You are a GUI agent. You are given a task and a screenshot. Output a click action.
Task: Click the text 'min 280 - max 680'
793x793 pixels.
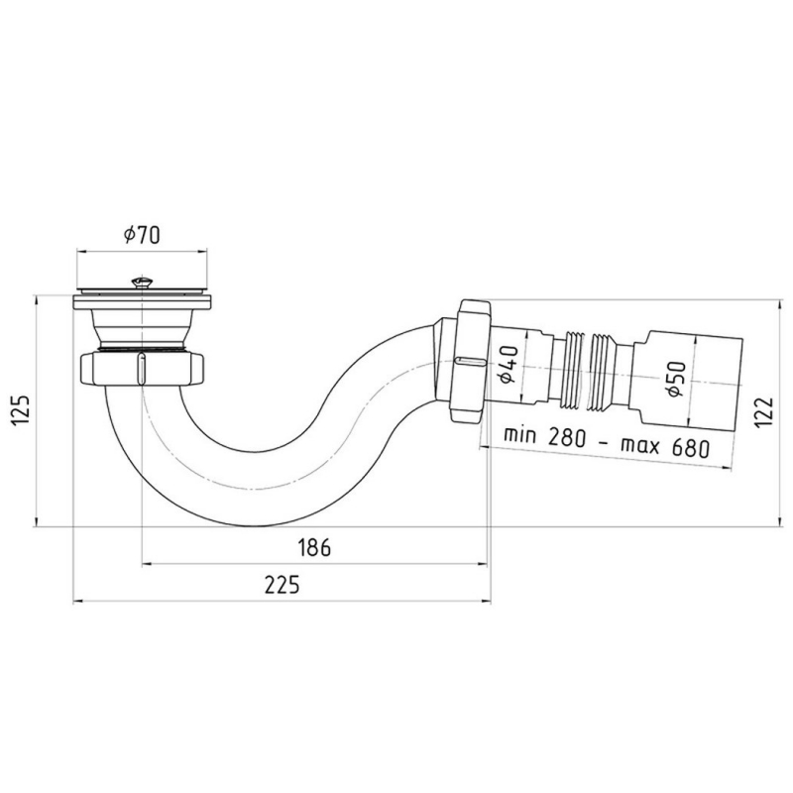(x=606, y=440)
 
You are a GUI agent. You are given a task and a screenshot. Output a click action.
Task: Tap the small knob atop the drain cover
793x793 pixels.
(x=141, y=281)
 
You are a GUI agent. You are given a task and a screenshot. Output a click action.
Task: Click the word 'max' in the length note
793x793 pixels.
(x=642, y=442)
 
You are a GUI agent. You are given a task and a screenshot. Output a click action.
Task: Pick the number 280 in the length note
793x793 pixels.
(x=569, y=437)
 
